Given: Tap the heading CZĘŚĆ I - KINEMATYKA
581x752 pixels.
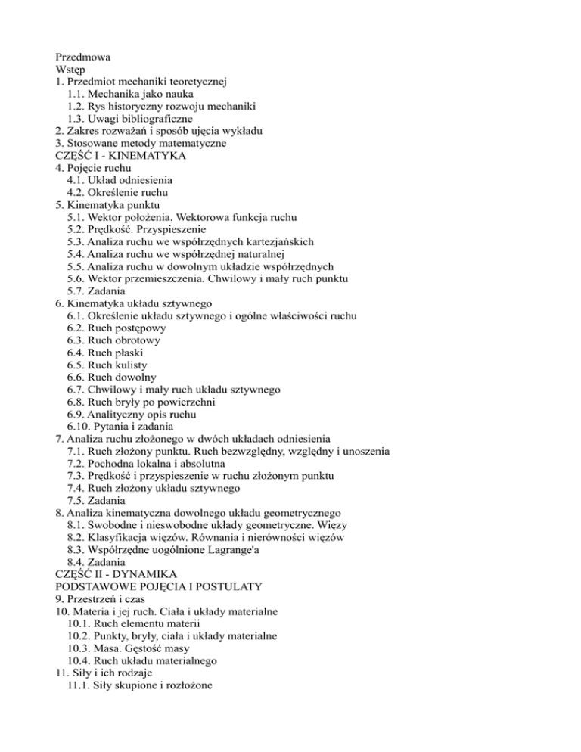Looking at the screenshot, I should tap(121, 155).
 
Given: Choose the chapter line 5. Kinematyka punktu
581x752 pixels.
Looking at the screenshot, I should tap(106, 205).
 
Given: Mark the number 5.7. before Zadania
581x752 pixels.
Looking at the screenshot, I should tap(76, 291).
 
